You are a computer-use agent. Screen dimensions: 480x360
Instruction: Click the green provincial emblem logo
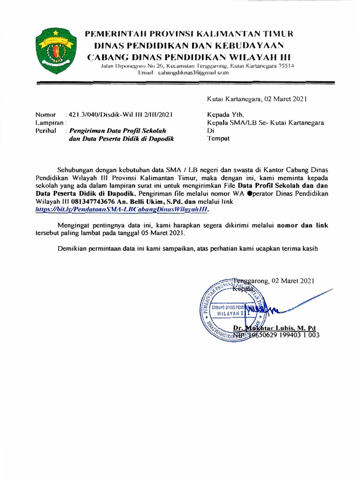click(x=52, y=51)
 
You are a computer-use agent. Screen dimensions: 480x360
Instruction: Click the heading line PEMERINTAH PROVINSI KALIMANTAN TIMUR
click(x=188, y=35)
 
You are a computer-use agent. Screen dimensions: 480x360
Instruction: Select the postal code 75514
click(x=285, y=66)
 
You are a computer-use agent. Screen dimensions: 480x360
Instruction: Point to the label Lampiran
click(x=49, y=122)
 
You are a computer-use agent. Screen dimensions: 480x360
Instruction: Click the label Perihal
click(x=46, y=131)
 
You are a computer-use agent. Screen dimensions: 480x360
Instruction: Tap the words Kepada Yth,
click(x=225, y=115)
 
